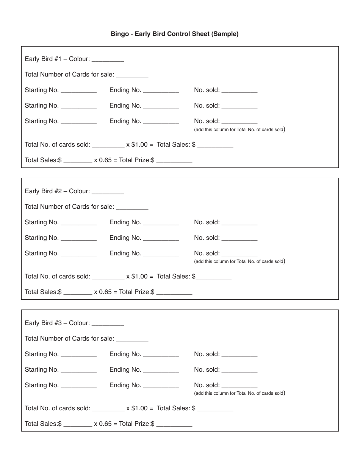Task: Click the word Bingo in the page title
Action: coord(119,34)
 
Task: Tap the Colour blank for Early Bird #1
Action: coord(108,59)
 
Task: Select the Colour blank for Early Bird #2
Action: coord(108,191)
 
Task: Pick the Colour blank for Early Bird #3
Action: coord(108,323)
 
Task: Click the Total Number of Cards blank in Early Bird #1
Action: coord(132,75)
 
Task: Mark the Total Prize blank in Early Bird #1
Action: coord(174,161)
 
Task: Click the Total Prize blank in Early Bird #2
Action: coord(174,292)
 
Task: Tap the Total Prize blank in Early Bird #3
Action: coord(174,424)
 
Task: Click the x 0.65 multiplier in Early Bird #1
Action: coord(103,160)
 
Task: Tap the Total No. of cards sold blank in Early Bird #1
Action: coord(108,145)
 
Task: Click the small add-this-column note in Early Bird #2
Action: coord(239,261)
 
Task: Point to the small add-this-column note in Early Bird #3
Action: coord(239,393)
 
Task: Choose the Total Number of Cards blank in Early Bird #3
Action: coord(132,339)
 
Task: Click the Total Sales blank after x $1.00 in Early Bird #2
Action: coord(213,277)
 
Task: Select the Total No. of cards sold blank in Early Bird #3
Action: coord(108,409)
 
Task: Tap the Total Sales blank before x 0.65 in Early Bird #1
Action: coord(78,161)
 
